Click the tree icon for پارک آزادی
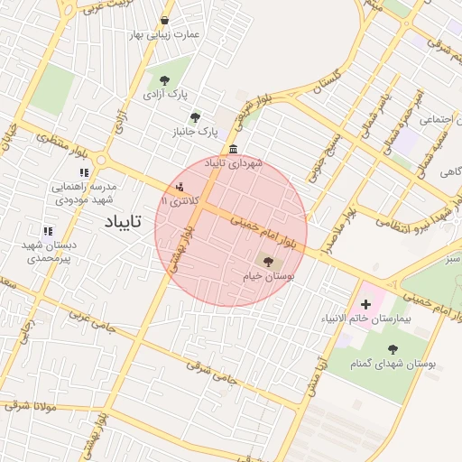tap(163, 80)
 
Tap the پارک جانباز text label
tap(194, 132)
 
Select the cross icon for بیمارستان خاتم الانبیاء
tap(365, 304)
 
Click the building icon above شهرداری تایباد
tap(234, 149)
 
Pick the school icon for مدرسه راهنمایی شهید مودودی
tap(84, 171)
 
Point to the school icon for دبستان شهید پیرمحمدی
tap(47, 231)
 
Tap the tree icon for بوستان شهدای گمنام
tap(393, 349)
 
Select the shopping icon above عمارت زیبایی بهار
tap(163, 20)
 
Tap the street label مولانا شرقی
tap(30, 407)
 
